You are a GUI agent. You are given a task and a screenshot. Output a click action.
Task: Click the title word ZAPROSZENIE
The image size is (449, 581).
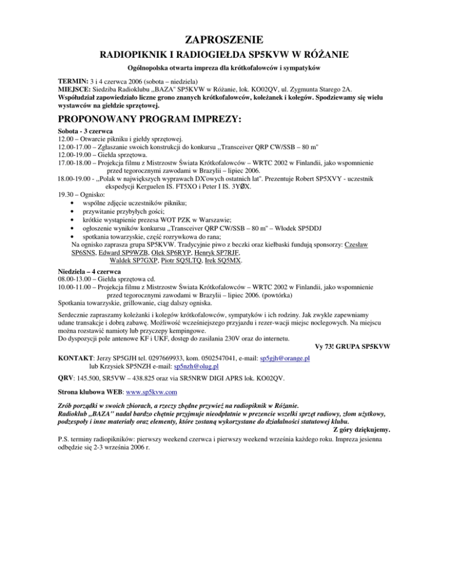coord(224,40)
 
